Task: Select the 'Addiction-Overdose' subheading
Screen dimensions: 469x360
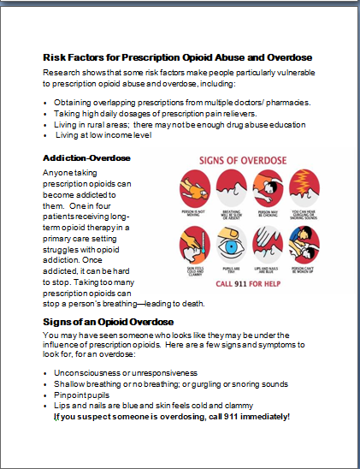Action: (86, 158)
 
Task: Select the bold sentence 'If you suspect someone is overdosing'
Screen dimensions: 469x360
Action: (171, 416)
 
